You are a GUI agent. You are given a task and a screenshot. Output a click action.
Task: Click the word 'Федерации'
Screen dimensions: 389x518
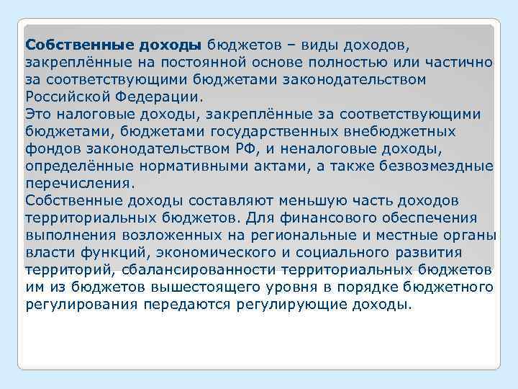coord(159,96)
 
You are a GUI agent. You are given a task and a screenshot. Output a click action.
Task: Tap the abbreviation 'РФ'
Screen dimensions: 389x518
coord(265,148)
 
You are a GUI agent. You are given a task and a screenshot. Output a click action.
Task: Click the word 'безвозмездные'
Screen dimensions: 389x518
coord(439,165)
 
